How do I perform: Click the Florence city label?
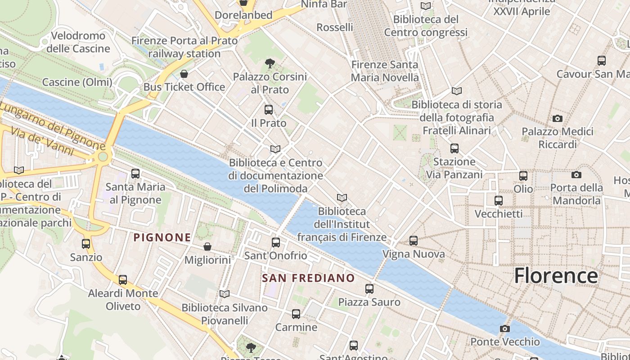(x=556, y=275)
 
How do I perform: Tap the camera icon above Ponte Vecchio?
(x=505, y=328)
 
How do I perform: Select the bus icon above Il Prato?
(x=269, y=109)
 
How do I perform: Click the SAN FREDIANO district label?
(x=308, y=278)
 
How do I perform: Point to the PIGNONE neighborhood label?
(x=162, y=237)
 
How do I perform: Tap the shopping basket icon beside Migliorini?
(x=207, y=247)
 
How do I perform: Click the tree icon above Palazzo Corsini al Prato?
(x=270, y=63)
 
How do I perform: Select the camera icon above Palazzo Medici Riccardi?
(x=558, y=118)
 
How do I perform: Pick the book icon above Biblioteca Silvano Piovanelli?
(x=224, y=294)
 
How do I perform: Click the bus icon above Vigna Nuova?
(x=414, y=241)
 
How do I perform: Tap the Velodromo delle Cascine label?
(x=78, y=42)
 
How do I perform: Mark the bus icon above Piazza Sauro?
(x=369, y=288)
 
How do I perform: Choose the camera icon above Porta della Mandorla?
(x=576, y=175)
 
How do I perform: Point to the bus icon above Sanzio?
(x=86, y=244)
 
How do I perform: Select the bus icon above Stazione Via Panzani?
(x=454, y=148)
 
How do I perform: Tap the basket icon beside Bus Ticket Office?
(x=184, y=74)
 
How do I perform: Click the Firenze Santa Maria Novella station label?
(x=385, y=71)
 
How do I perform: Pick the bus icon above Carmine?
(x=296, y=314)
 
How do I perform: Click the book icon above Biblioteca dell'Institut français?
(x=342, y=198)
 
